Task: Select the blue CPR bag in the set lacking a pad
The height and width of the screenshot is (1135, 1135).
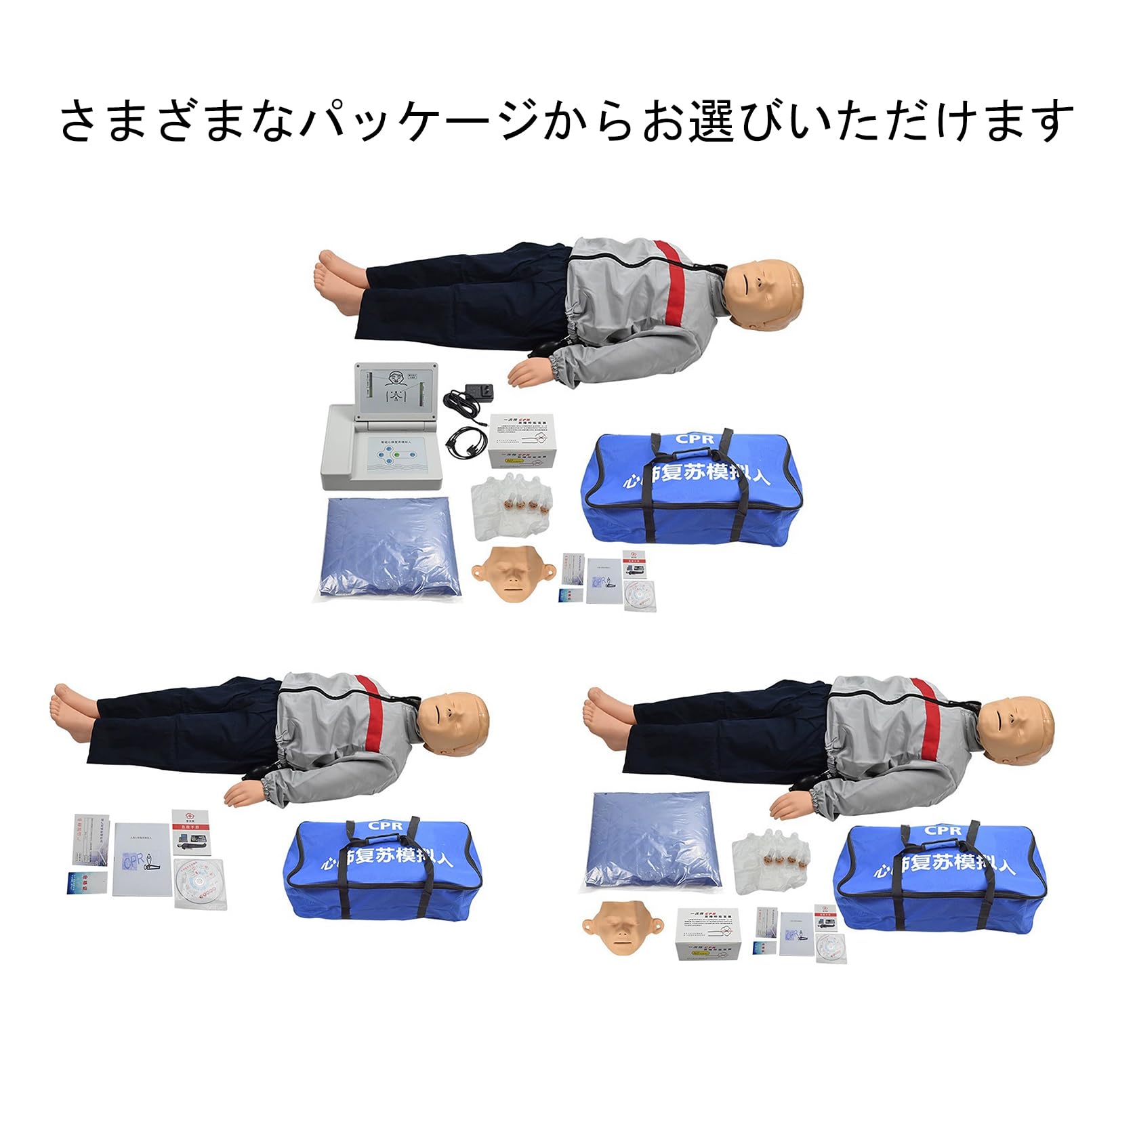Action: click(x=384, y=870)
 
